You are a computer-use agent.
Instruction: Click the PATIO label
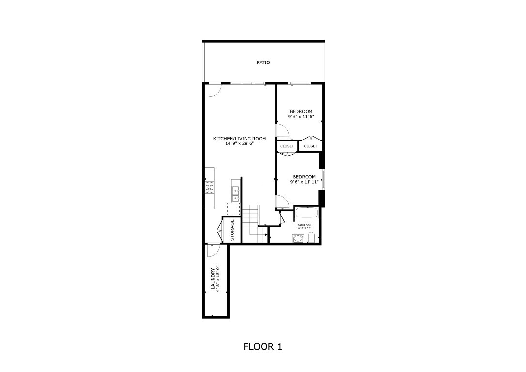(263, 62)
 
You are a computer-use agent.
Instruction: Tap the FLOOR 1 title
(263, 347)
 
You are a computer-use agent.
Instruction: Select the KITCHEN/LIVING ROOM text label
(239, 139)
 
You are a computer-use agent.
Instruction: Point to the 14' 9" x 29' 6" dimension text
(239, 144)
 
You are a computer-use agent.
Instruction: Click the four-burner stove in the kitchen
(210, 187)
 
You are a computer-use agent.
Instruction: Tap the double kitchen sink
(236, 194)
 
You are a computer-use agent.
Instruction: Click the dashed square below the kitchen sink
(233, 209)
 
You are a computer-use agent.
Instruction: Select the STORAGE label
(232, 230)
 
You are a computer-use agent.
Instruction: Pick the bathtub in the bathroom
(306, 213)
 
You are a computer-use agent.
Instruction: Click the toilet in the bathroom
(311, 237)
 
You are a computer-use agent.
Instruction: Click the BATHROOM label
(304, 225)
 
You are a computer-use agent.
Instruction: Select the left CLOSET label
(287, 146)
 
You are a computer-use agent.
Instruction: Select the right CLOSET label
(310, 146)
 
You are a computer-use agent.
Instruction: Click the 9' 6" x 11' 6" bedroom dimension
(301, 117)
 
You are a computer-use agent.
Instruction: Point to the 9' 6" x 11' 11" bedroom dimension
(304, 182)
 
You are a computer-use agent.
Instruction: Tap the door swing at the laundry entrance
(213, 250)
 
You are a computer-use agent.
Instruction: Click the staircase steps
(251, 220)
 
